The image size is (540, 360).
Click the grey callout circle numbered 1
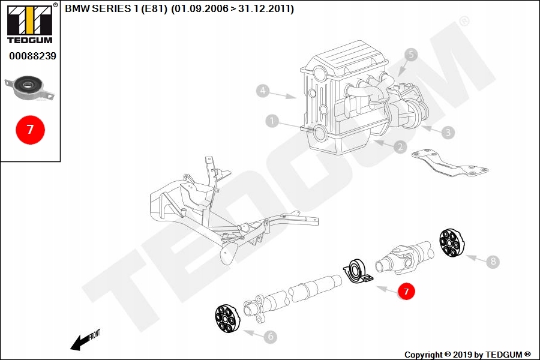[x=273, y=122]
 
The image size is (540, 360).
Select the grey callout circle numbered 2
[x=400, y=146]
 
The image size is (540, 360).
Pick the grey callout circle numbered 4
[x=262, y=91]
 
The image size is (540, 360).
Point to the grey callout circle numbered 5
[x=411, y=55]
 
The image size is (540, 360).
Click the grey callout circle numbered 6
[x=270, y=337]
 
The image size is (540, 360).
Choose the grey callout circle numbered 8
[x=493, y=261]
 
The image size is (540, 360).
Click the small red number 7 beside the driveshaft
[x=406, y=292]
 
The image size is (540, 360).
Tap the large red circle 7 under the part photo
[x=29, y=129]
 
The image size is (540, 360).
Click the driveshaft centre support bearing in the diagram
[x=357, y=271]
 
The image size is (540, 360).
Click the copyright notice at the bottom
[x=467, y=355]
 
